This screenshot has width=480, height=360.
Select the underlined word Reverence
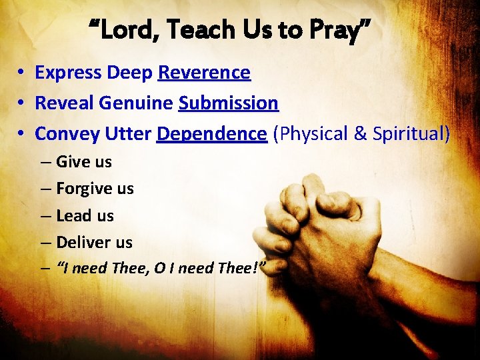[x=204, y=73]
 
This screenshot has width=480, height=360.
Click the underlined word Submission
[x=228, y=103]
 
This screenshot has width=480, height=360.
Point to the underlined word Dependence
[x=211, y=134]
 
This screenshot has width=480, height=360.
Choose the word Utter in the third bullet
[x=128, y=134]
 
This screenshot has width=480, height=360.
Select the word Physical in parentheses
[x=309, y=134]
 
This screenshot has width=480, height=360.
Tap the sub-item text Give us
[x=84, y=162]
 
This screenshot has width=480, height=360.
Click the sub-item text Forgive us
[x=95, y=189]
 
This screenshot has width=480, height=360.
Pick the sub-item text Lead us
[x=85, y=216]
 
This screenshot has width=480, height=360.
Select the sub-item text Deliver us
[x=94, y=243]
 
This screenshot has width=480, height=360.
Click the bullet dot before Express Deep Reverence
[x=22, y=73]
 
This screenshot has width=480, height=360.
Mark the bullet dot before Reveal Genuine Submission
[x=22, y=104]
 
